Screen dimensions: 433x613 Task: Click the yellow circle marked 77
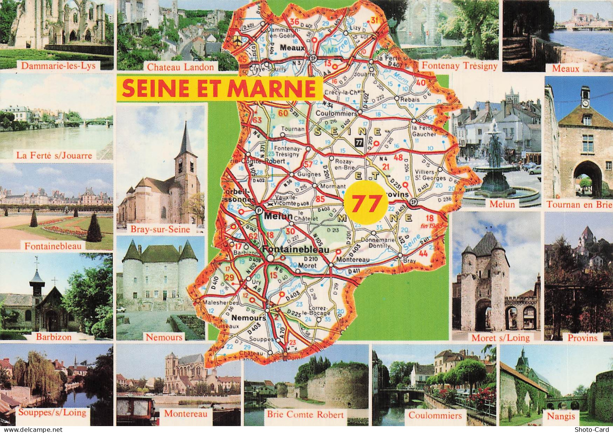click(x=364, y=203)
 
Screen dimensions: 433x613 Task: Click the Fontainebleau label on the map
click(x=296, y=249)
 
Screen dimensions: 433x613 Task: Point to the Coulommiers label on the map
click(x=336, y=113)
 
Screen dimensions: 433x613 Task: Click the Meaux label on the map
click(x=292, y=48)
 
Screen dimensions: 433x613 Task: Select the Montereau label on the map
click(x=353, y=260)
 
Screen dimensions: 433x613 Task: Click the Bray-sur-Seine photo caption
click(x=160, y=229)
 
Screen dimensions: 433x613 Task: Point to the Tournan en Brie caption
click(x=579, y=205)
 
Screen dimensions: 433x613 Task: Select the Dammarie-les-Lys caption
click(x=58, y=66)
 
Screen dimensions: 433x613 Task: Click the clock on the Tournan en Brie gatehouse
click(x=585, y=103)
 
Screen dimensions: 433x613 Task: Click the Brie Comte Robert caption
click(x=305, y=415)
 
